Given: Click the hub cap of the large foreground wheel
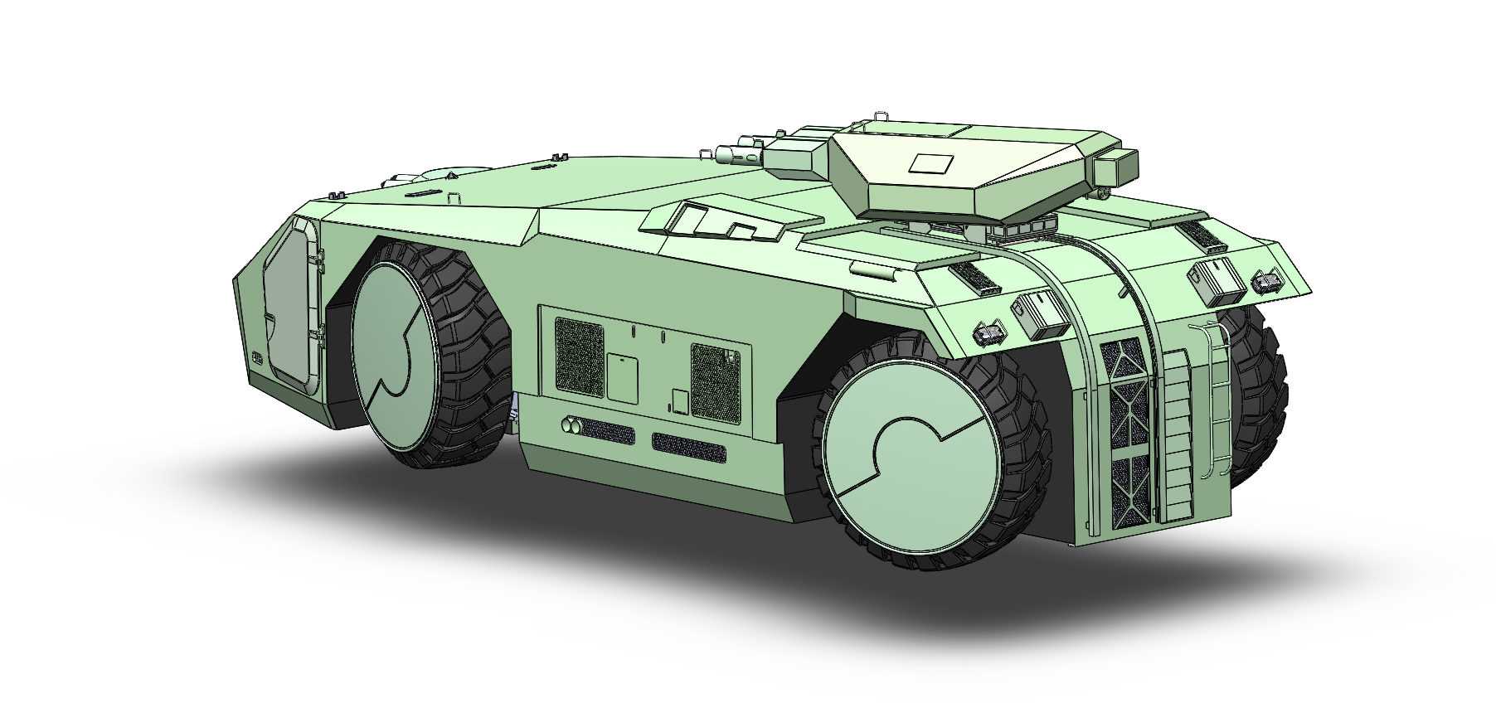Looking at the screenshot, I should pos(900,465).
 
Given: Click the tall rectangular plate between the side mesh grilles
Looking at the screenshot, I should pos(622,377).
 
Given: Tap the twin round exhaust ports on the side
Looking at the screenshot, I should pos(571,425).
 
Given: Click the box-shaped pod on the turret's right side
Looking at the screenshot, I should pos(1115,169).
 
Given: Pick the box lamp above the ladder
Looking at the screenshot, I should pos(1216,279).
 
